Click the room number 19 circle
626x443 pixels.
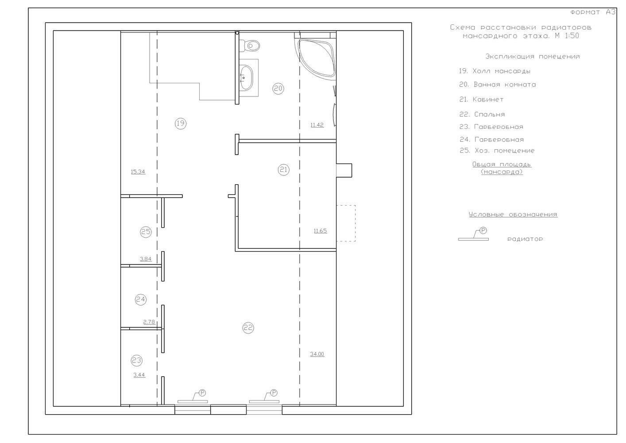(181, 123)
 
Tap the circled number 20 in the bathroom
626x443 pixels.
(278, 89)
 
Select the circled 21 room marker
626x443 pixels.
(284, 170)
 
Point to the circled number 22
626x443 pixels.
(248, 327)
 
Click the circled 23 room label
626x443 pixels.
(137, 361)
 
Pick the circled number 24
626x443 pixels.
(141, 300)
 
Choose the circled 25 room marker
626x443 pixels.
(146, 232)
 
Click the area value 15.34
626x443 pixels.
(138, 172)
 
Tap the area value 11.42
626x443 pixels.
(317, 125)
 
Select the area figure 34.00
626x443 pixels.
(317, 354)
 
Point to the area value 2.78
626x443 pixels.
(149, 322)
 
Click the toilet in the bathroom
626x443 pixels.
(249, 46)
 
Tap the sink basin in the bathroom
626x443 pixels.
(246, 78)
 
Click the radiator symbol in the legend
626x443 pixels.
(473, 235)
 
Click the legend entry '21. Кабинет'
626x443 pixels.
(482, 99)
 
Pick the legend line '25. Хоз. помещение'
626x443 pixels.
(497, 151)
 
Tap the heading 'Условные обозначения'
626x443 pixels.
(513, 214)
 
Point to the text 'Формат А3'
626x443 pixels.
(593, 12)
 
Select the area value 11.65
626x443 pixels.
(320, 231)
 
